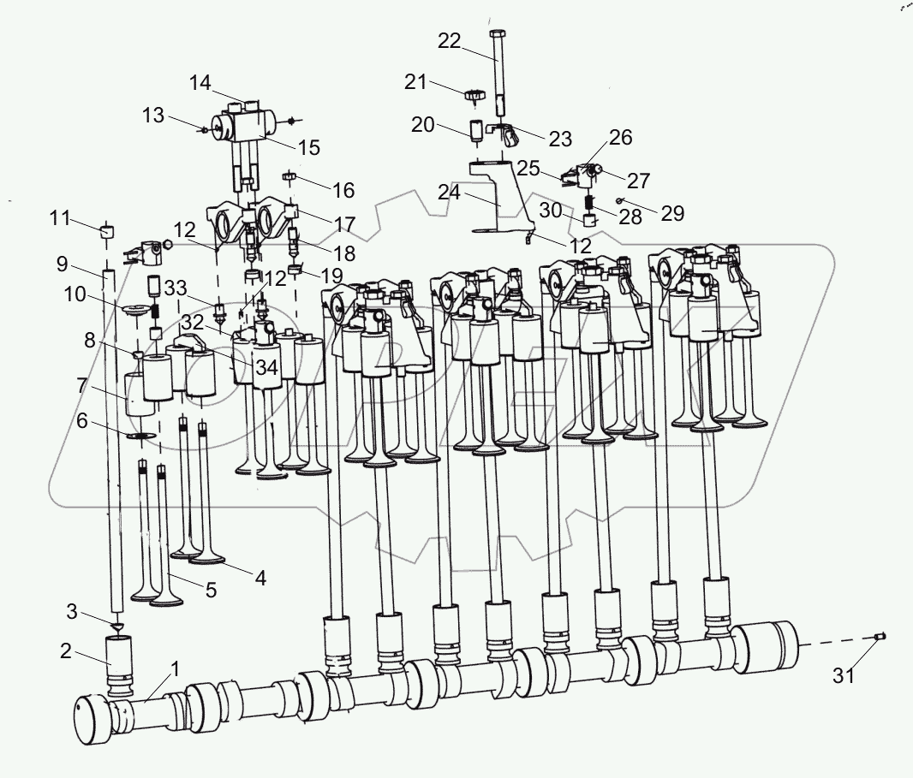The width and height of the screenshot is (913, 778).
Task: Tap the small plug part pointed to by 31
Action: coord(881,636)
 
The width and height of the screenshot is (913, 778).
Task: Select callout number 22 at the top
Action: coord(450,40)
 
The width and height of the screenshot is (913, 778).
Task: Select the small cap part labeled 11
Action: coord(107,231)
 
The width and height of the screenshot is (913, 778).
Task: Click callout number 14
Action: coord(200,82)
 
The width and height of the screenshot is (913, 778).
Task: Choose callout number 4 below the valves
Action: coord(258,578)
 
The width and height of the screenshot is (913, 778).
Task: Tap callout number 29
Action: coord(672,213)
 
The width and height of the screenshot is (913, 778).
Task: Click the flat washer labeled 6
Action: coord(142,437)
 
